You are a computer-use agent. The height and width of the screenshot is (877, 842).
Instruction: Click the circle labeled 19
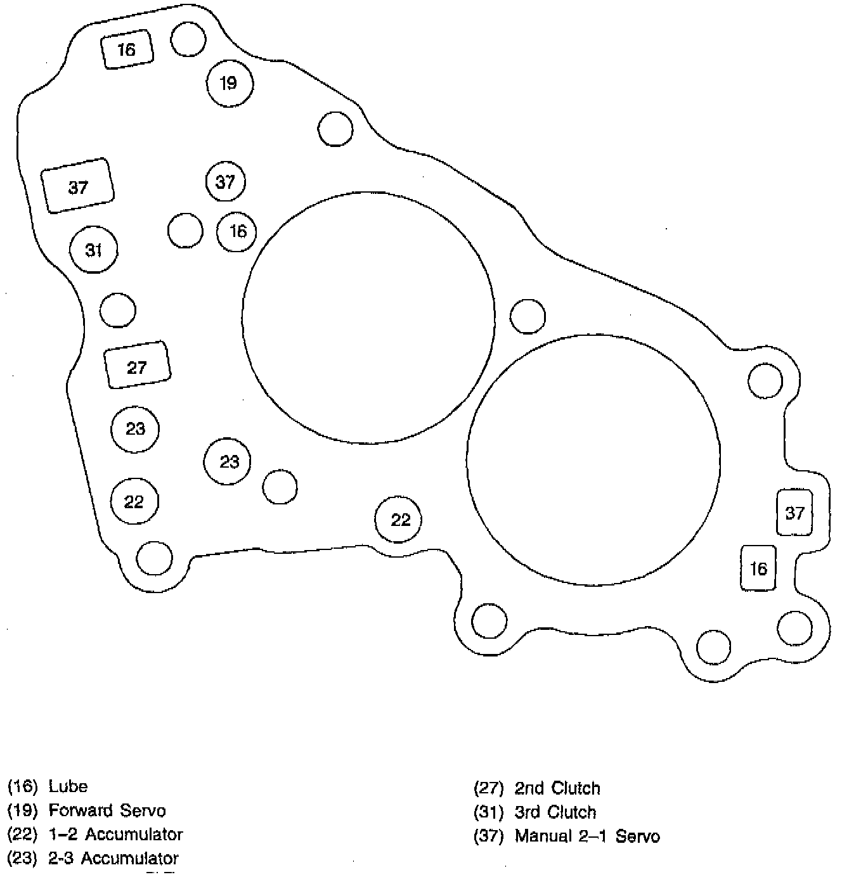point(230,83)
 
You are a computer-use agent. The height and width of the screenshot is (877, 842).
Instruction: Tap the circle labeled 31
point(94,250)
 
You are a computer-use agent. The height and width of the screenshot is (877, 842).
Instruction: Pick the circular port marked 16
point(237,231)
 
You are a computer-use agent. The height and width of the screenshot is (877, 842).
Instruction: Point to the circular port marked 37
point(226,182)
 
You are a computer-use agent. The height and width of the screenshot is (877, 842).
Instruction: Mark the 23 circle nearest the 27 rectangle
point(135,429)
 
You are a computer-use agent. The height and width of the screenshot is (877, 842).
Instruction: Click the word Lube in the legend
point(68,787)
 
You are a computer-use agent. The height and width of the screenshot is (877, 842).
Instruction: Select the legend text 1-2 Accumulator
point(115,835)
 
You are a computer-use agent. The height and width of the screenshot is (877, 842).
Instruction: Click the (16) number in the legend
point(22,787)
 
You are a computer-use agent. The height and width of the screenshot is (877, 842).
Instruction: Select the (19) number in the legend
point(22,811)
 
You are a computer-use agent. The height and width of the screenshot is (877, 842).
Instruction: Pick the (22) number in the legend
point(22,835)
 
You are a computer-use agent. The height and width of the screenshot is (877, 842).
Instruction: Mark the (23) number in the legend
point(22,859)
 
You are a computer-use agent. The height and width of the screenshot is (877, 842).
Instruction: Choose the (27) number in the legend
point(489,788)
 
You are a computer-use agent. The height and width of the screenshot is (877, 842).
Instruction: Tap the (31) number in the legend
point(489,812)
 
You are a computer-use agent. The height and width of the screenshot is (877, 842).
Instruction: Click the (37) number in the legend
point(489,836)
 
